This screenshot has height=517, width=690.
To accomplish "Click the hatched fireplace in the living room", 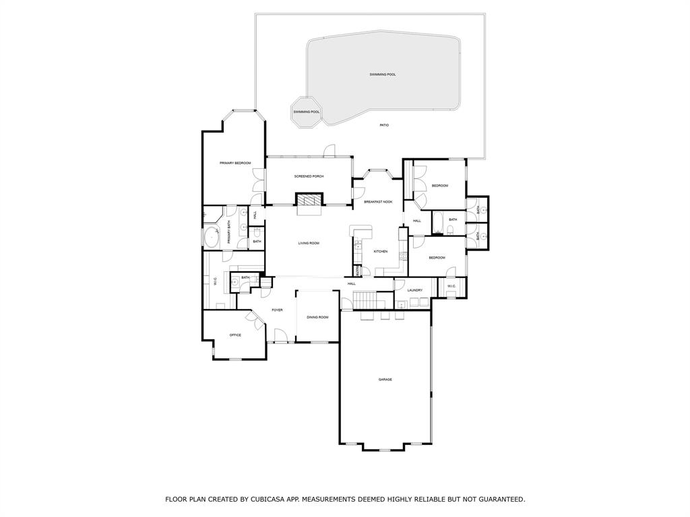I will coord(310,200).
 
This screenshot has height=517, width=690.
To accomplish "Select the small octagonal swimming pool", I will coord(306,112).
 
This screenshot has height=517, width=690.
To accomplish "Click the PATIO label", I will coord(384,125).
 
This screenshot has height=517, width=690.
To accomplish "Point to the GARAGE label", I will coord(385,380).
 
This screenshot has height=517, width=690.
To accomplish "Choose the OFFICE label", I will coord(235,335).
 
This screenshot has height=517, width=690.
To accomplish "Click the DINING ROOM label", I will coord(317,317).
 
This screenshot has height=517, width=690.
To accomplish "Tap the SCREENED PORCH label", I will coord(309,176).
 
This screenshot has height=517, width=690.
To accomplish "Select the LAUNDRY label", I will coord(414,290).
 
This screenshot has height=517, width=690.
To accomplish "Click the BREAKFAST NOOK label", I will coord(378,202).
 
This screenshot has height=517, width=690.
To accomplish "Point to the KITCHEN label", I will coord(381,252).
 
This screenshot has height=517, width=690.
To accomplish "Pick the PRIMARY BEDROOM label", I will coord(235,164).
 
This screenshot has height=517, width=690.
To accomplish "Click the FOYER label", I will coord(277,310).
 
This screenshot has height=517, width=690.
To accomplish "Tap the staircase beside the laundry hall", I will coord(365,300).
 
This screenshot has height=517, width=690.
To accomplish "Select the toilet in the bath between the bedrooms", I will coord(449,231).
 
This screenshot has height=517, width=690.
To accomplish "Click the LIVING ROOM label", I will coord(309,243).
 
